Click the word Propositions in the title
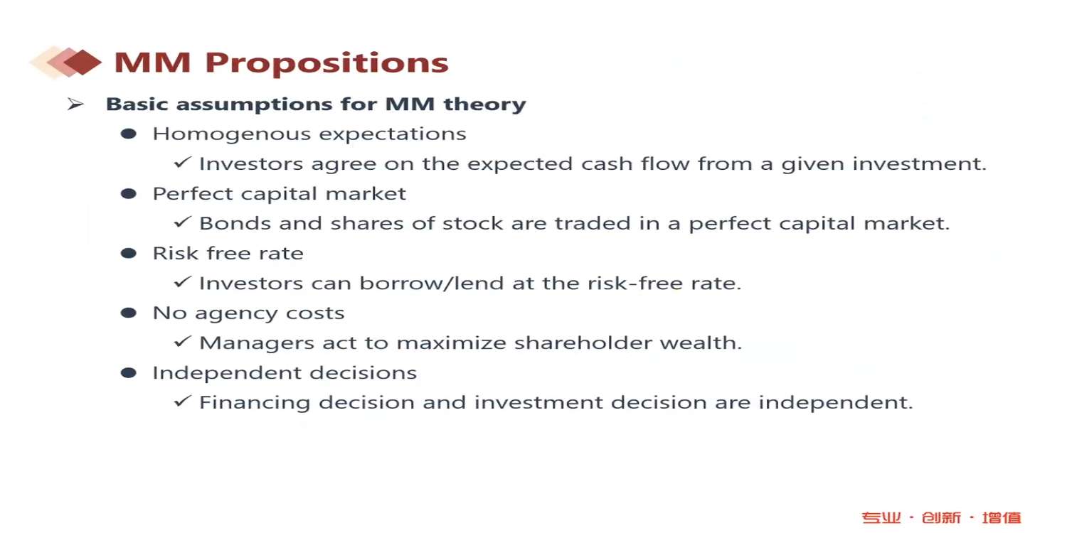327,63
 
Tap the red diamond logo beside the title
65,62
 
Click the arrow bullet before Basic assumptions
75,104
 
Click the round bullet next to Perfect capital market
129,194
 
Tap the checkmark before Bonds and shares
182,222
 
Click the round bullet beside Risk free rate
129,253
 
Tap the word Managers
257,343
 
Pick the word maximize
451,343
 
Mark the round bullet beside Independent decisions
129,372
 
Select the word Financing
255,403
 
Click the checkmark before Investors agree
182,162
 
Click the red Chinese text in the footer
941,517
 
